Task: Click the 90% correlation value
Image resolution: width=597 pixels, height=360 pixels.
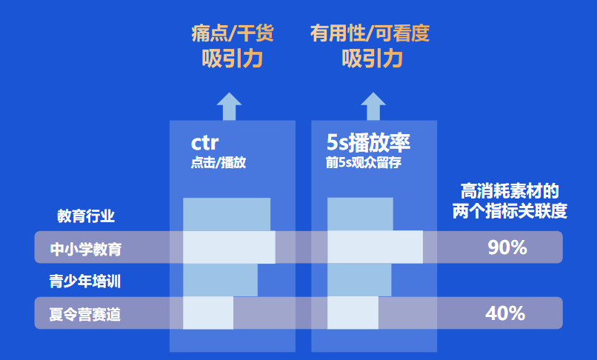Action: tap(507, 247)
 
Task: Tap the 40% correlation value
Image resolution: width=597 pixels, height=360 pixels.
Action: tap(505, 313)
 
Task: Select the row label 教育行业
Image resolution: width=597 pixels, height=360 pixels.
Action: tap(86, 216)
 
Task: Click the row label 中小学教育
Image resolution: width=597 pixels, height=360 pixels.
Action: tap(86, 249)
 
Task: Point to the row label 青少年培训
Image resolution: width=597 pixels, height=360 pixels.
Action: tap(85, 281)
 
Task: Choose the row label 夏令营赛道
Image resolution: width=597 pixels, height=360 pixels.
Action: tap(85, 315)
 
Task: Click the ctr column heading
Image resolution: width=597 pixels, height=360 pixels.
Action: tap(204, 143)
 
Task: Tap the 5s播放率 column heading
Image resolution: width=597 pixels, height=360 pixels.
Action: tap(368, 142)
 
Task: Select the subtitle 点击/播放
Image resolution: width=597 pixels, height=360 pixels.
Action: tap(219, 163)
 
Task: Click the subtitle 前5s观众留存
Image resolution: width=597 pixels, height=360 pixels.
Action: tap(364, 163)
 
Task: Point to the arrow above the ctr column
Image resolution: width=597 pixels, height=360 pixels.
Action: tap(229, 106)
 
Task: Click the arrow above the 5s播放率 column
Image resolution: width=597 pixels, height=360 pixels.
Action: tap(373, 106)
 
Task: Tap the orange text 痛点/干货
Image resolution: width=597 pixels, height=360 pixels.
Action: tap(233, 33)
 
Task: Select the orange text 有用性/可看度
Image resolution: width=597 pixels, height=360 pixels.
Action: tap(370, 33)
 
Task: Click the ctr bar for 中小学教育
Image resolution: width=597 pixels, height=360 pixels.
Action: tap(229, 247)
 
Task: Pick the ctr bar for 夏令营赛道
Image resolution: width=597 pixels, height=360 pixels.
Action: tap(208, 313)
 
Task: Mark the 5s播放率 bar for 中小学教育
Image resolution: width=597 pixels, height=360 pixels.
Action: tap(375, 247)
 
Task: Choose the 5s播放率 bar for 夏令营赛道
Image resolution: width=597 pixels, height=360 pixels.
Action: tap(353, 313)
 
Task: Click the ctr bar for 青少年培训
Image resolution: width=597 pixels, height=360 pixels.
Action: tap(221, 280)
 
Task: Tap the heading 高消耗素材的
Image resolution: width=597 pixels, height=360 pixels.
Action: tap(510, 191)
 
